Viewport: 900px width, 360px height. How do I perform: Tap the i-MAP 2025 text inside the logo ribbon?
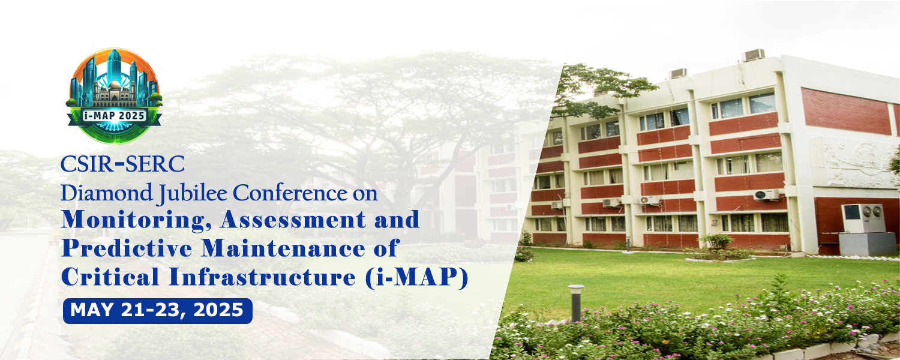click(115, 115)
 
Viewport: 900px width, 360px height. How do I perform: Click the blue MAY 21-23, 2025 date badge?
click(157, 310)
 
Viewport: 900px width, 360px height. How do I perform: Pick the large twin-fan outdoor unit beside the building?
click(863, 218)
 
